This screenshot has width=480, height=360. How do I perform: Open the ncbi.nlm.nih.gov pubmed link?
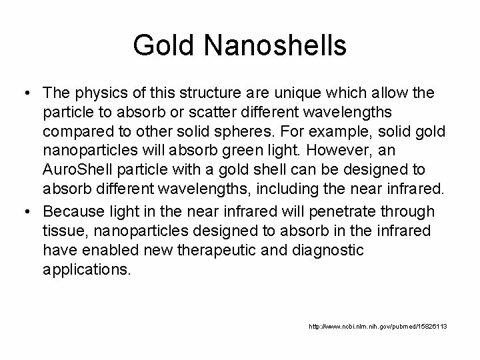[x=377, y=326]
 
